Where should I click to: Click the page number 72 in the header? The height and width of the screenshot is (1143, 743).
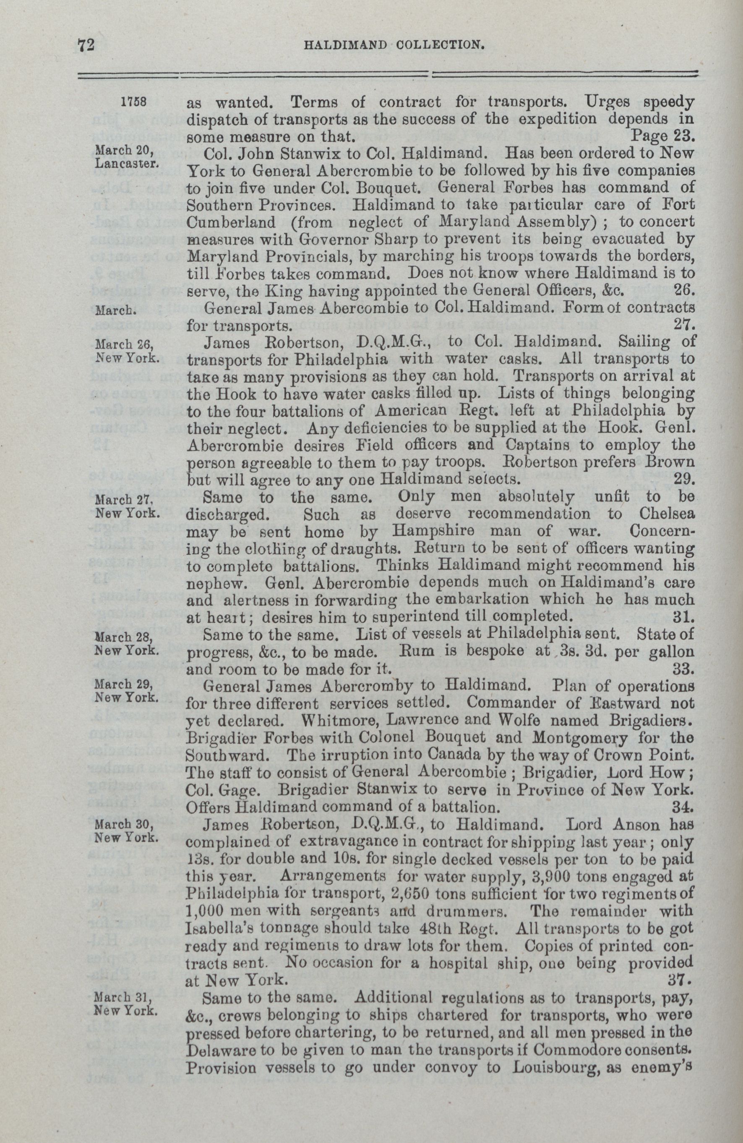pyautogui.click(x=87, y=45)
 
